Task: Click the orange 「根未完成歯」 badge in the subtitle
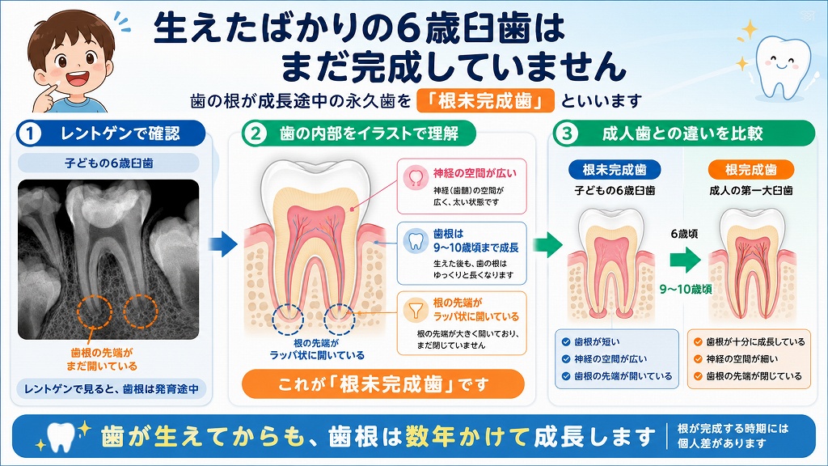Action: (x=485, y=100)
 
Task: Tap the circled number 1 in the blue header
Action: (x=30, y=133)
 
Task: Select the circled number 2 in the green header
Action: (x=256, y=133)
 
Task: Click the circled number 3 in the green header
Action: (x=567, y=133)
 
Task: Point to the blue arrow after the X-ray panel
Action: (x=222, y=244)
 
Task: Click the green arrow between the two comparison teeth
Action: (x=685, y=260)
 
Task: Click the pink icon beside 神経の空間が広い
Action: (x=416, y=177)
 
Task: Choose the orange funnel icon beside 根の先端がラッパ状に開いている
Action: (x=416, y=310)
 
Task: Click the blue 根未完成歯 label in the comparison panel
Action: (x=615, y=170)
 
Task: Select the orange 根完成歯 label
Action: (x=750, y=170)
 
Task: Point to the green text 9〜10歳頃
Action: (x=686, y=289)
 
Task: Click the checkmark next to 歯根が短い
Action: (x=566, y=342)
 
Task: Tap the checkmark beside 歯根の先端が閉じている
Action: (x=698, y=376)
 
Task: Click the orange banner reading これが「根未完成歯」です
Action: (x=382, y=384)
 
